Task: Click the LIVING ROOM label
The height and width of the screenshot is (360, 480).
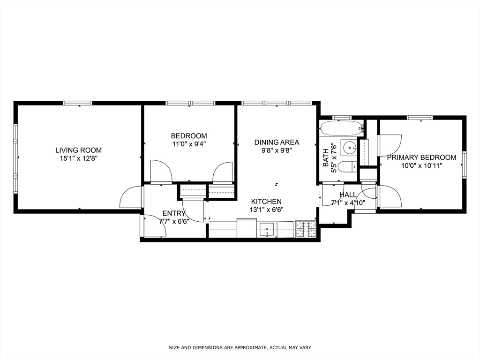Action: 78,150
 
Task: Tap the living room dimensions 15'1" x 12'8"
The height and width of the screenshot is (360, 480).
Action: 78,158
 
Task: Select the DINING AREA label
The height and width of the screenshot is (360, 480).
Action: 277,142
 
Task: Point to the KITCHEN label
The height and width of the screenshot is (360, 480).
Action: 266,202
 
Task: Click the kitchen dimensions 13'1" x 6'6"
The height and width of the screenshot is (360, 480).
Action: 266,210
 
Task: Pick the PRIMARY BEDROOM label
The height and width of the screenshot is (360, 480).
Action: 421,157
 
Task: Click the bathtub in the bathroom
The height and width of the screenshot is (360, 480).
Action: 341,127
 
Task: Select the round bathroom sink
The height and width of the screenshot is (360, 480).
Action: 349,149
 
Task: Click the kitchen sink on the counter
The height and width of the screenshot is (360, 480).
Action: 267,230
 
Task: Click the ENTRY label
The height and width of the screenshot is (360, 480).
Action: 174,214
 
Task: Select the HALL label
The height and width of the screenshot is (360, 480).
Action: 348,195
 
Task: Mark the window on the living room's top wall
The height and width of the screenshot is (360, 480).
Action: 78,103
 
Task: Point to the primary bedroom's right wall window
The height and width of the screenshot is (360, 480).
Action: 464,165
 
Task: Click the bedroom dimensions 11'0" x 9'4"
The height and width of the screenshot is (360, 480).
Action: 188,144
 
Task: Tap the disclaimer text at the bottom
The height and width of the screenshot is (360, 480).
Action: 240,348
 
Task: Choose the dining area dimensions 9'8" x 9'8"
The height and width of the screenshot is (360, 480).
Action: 277,150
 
